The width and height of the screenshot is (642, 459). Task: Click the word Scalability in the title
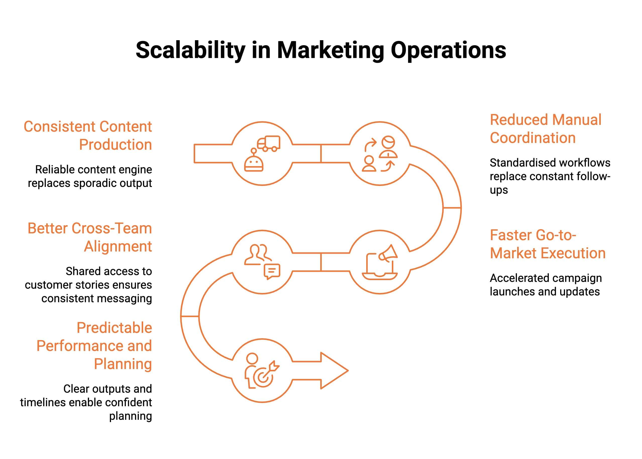tap(190, 50)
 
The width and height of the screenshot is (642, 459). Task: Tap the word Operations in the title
tap(448, 50)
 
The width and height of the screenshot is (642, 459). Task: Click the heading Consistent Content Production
tap(88, 135)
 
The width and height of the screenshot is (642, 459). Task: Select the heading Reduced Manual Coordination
tap(545, 129)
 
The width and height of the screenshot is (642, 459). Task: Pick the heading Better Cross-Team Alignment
tap(90, 237)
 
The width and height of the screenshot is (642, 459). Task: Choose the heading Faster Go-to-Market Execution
tap(547, 244)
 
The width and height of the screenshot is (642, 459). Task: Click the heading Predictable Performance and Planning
tap(94, 346)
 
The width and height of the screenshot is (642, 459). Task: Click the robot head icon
tap(253, 164)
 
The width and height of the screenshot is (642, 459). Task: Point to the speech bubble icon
tap(272, 271)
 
